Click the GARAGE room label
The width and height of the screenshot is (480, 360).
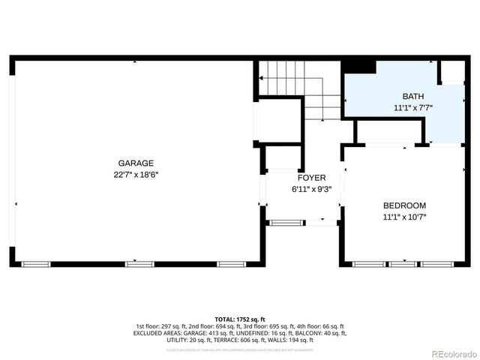tap(136, 163)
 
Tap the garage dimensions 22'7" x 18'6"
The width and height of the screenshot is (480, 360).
tap(136, 174)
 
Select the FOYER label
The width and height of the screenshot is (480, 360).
tap(311, 178)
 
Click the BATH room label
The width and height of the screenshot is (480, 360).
tap(412, 96)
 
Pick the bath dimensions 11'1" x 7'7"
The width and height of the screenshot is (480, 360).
tap(412, 108)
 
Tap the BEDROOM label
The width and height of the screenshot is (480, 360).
tap(404, 205)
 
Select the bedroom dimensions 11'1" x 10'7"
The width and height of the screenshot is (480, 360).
tap(404, 217)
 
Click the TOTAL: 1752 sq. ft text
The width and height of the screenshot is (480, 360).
tap(240, 319)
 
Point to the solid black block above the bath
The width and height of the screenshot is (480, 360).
tap(358, 66)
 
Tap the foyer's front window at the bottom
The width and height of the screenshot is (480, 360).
tap(287, 222)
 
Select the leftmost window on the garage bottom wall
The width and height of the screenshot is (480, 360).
tap(36, 264)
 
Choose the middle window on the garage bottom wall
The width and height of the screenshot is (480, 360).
tap(139, 264)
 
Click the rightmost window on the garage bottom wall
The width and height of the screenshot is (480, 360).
tap(231, 264)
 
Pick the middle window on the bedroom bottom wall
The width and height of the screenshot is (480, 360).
tap(403, 264)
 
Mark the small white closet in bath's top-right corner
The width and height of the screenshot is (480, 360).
tap(452, 71)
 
